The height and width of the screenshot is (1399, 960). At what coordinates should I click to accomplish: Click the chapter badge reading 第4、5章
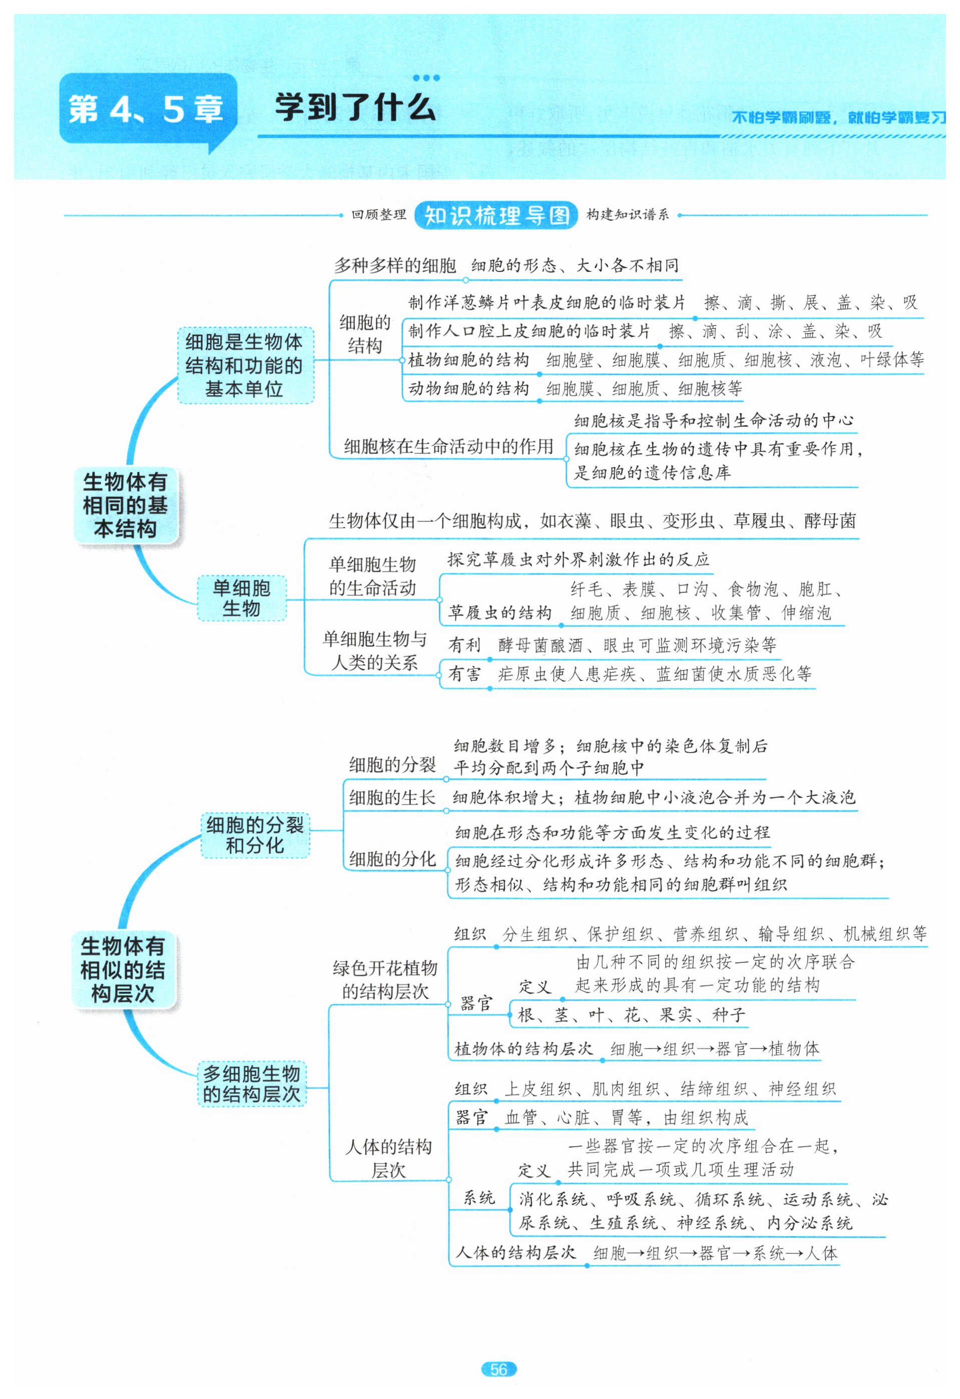146,109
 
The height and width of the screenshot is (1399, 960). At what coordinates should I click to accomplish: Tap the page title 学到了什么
355,108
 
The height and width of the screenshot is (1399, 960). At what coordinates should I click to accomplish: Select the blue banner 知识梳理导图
496,215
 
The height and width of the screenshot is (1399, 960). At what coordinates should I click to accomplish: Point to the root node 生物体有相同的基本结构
125,505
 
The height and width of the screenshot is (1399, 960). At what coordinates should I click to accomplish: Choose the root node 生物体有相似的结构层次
123,969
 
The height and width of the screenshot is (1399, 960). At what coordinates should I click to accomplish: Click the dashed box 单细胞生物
241,598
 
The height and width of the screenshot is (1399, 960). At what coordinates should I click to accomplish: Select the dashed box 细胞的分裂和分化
255,835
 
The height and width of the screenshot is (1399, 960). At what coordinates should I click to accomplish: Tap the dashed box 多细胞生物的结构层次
252,1084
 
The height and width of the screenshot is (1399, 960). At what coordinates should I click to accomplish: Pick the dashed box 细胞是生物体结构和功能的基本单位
244,366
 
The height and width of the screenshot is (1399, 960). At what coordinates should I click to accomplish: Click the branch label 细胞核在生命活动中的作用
448,446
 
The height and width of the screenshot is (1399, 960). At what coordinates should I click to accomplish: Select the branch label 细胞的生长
392,798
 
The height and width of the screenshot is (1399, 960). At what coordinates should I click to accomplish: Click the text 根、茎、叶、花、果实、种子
631,1015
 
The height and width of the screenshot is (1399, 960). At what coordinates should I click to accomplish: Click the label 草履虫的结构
500,613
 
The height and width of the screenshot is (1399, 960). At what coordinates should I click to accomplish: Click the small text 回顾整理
378,215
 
